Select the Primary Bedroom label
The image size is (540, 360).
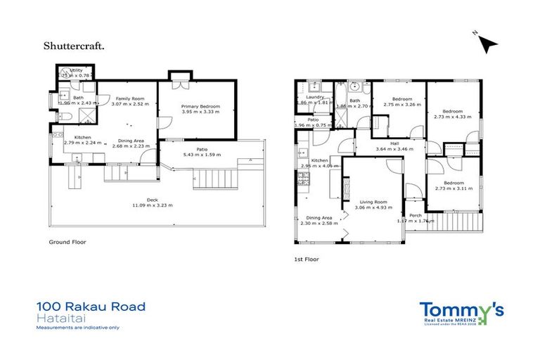(201, 106)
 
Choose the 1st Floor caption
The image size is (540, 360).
(306, 259)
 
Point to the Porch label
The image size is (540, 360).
(416, 215)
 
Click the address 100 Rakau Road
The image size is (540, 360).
(91, 307)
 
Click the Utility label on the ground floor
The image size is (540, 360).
(77, 71)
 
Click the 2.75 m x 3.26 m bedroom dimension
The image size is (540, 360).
(401, 105)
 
